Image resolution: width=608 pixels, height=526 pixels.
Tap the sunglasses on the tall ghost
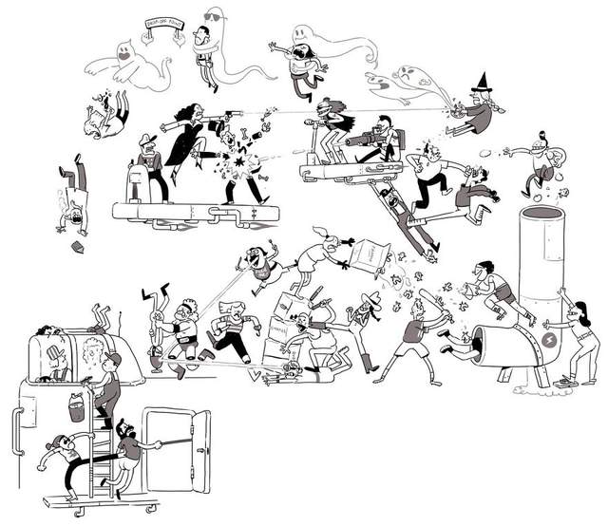point(214,16)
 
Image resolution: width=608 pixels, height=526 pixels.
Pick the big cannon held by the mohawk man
point(366,141)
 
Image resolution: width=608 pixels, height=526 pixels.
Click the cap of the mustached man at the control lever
point(144,141)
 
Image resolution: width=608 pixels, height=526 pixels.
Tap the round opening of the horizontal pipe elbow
point(488,340)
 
